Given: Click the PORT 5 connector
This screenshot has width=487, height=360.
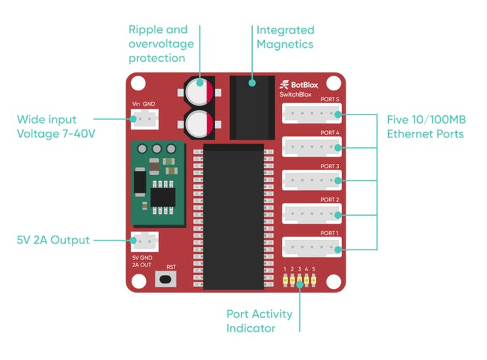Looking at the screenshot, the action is [311, 113].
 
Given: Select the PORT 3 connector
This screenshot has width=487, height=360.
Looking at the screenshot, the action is [311, 180].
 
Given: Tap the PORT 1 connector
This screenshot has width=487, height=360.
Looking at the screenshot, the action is [311, 247].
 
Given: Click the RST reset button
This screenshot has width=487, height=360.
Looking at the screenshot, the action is [166, 279].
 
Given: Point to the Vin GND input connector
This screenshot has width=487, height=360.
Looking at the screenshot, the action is [145, 119].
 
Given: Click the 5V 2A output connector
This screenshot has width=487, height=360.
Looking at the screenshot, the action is [145, 242].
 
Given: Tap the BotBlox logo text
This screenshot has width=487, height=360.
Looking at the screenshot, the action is [299, 85].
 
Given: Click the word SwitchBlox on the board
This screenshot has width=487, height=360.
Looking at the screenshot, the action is [295, 94].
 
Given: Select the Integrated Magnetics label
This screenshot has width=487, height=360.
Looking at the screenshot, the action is [285, 37].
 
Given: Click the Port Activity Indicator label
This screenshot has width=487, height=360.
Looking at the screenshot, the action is [259, 321].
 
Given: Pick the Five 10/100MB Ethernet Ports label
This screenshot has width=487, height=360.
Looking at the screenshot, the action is [426, 127].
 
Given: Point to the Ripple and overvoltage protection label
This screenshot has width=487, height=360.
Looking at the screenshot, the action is [161, 44].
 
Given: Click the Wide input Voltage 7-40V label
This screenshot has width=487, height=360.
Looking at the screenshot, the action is [56, 126].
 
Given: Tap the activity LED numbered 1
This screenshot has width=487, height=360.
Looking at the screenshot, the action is [285, 280].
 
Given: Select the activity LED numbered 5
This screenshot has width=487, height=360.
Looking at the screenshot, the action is [314, 280].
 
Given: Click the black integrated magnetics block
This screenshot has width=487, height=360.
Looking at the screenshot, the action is [252, 107].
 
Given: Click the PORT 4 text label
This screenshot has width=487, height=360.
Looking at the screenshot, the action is [330, 133].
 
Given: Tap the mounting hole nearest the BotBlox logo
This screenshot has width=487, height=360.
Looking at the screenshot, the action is [334, 83].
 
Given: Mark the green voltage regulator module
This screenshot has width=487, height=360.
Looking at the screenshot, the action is [158, 183].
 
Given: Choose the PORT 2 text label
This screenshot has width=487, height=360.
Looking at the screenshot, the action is [330, 199].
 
